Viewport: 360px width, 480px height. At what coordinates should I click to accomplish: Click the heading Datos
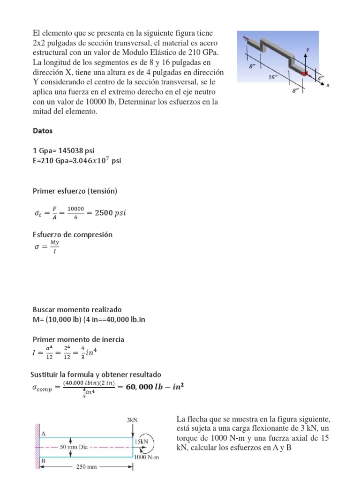(x=43, y=131)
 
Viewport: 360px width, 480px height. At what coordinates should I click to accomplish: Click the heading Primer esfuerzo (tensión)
(x=75, y=191)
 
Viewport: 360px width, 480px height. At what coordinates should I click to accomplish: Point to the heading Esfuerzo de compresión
(x=72, y=234)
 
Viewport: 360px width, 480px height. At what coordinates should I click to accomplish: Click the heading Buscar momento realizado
(x=77, y=310)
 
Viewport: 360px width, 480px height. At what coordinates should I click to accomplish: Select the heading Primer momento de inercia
(x=78, y=339)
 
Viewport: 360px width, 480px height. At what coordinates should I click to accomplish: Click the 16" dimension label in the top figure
(x=273, y=78)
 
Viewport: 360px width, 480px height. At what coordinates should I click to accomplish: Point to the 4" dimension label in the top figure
(x=321, y=79)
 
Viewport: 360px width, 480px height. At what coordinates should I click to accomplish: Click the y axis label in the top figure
(x=307, y=49)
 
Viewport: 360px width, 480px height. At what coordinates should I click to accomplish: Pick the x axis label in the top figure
(x=328, y=85)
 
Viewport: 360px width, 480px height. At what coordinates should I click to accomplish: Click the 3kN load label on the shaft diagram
(x=133, y=420)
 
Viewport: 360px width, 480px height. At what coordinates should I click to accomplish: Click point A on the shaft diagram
(x=44, y=434)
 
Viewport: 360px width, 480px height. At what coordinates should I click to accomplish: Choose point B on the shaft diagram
(x=44, y=460)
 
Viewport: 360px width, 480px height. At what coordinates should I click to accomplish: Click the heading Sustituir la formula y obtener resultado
(x=96, y=375)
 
